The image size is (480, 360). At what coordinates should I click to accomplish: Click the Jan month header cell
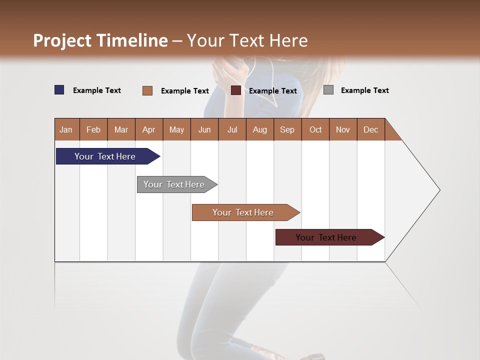tap(66, 129)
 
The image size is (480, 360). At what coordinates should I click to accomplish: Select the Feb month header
tap(93, 129)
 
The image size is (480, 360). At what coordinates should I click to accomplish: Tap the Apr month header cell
tap(149, 129)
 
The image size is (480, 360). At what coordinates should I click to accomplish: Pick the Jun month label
tap(204, 129)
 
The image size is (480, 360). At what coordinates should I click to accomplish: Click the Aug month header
tap(260, 129)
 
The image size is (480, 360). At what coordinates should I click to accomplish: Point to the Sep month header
tap(287, 129)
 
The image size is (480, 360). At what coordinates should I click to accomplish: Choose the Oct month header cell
tap(315, 129)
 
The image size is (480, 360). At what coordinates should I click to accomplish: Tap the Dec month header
tap(371, 129)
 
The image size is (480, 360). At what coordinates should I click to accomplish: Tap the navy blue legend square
tap(59, 90)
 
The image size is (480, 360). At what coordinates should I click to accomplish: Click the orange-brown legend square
tap(147, 90)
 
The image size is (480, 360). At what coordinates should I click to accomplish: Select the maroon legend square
tap(236, 90)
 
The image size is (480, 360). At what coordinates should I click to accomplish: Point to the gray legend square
tap(328, 90)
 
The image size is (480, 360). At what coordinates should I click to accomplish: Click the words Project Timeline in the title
tap(100, 40)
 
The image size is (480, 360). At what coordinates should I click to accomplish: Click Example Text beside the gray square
tap(364, 90)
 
